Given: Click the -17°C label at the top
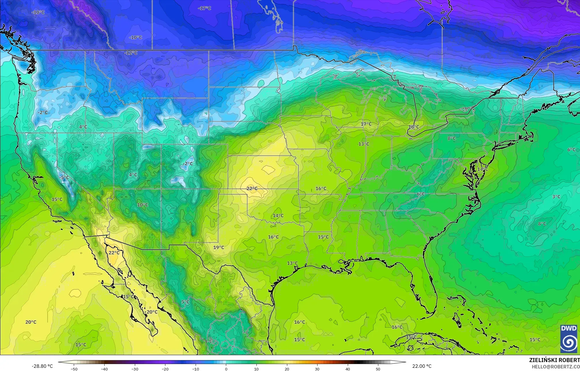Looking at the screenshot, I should [x=205, y=8].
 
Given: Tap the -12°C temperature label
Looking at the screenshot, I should [x=131, y=53].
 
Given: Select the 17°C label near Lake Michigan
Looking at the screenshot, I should [x=366, y=124].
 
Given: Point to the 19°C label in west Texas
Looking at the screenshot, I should [x=219, y=247].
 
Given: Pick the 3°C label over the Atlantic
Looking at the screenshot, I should [x=556, y=197].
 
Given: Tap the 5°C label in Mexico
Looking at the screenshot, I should [x=185, y=302].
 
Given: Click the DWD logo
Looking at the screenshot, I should [x=569, y=339].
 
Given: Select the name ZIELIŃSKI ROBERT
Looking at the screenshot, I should [x=554, y=360].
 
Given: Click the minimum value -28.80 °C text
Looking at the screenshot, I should [x=42, y=366].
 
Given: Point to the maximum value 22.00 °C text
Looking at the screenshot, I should [x=422, y=366].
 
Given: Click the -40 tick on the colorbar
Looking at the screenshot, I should [x=104, y=369].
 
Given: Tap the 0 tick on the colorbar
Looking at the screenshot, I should [x=226, y=369].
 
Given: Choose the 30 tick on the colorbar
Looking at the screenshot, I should [x=317, y=369].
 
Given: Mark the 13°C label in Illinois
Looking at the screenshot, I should [x=364, y=144].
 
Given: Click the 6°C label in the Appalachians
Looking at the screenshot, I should [x=421, y=194].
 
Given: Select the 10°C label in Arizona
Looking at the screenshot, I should [x=142, y=205].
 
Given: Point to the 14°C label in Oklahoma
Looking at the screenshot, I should [x=278, y=216].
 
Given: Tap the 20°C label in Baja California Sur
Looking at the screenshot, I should [x=152, y=312].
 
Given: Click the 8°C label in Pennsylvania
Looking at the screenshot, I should [x=451, y=138].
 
